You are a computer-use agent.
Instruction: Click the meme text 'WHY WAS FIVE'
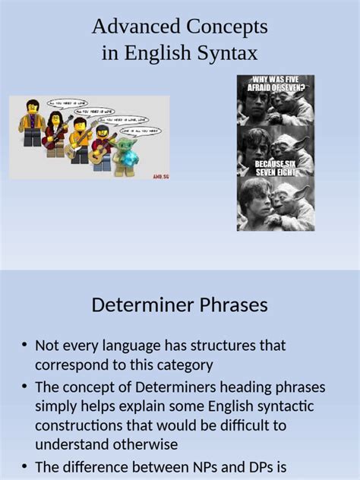click(275, 79)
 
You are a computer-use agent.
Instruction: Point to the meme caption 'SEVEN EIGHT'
click(275, 171)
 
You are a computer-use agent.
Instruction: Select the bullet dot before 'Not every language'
click(24, 346)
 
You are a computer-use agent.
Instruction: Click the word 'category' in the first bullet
click(182, 365)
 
